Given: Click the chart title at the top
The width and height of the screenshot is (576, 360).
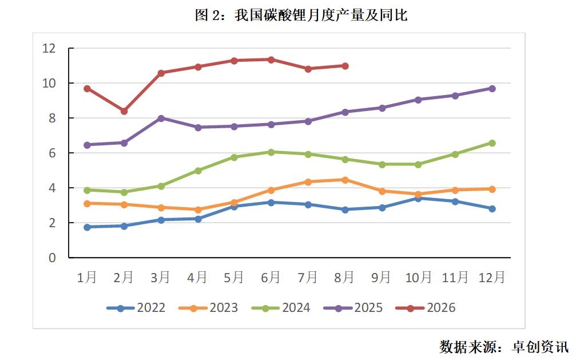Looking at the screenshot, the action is coord(301,15).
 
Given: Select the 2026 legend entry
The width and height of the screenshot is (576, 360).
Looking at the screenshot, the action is coord(426,308).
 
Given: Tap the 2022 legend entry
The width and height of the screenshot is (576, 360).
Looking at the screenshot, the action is coord(136,308).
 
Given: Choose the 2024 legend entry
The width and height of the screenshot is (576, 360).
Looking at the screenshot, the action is coord(281,308).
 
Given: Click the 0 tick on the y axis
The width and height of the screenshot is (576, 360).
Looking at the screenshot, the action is coord(52,258).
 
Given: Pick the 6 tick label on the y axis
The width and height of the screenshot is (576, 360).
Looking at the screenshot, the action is coord(52,153).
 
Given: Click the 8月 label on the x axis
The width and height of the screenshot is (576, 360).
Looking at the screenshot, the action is coord(344,277).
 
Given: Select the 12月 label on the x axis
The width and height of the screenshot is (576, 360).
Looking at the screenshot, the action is coord(492,277).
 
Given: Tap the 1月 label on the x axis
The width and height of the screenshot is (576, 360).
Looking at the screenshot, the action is coord(87,277).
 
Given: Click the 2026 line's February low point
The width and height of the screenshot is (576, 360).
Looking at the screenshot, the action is coord(124,111).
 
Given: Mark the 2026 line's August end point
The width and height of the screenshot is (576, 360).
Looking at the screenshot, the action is coord(345,66).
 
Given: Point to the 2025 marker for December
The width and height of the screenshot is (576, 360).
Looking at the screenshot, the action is coord(492,89).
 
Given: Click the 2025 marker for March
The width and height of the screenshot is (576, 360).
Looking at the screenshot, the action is coord(161,118).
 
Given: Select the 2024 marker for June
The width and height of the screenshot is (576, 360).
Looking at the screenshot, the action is coord(271,152).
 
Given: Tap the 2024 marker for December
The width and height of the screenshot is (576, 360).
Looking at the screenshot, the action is coord(492,143).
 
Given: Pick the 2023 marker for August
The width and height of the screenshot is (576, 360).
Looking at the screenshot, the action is coord(345,180).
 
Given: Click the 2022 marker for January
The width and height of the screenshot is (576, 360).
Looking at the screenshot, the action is coord(87,227).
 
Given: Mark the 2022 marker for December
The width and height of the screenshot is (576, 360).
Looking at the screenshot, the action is coord(492,209).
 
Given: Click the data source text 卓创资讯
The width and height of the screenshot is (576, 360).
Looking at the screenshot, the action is coord(541,347).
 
